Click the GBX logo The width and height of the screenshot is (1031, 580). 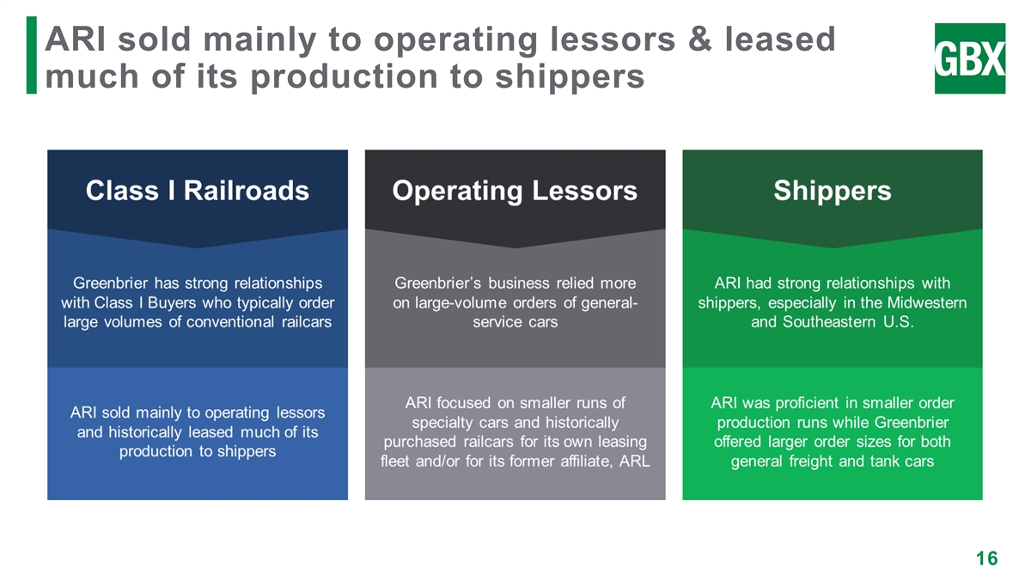pyautogui.click(x=969, y=58)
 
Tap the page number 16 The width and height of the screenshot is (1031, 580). pyautogui.click(x=986, y=559)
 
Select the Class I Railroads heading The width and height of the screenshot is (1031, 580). pyautogui.click(x=197, y=190)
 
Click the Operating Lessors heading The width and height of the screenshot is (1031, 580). pyautogui.click(x=515, y=190)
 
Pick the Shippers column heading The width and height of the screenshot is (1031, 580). pyautogui.click(x=832, y=190)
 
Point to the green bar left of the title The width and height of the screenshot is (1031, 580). pyautogui.click(x=31, y=55)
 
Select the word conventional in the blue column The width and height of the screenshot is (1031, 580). pyautogui.click(x=235, y=323)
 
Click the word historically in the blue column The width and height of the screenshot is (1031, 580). pyautogui.click(x=150, y=432)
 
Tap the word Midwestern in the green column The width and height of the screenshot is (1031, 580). pyautogui.click(x=926, y=303)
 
